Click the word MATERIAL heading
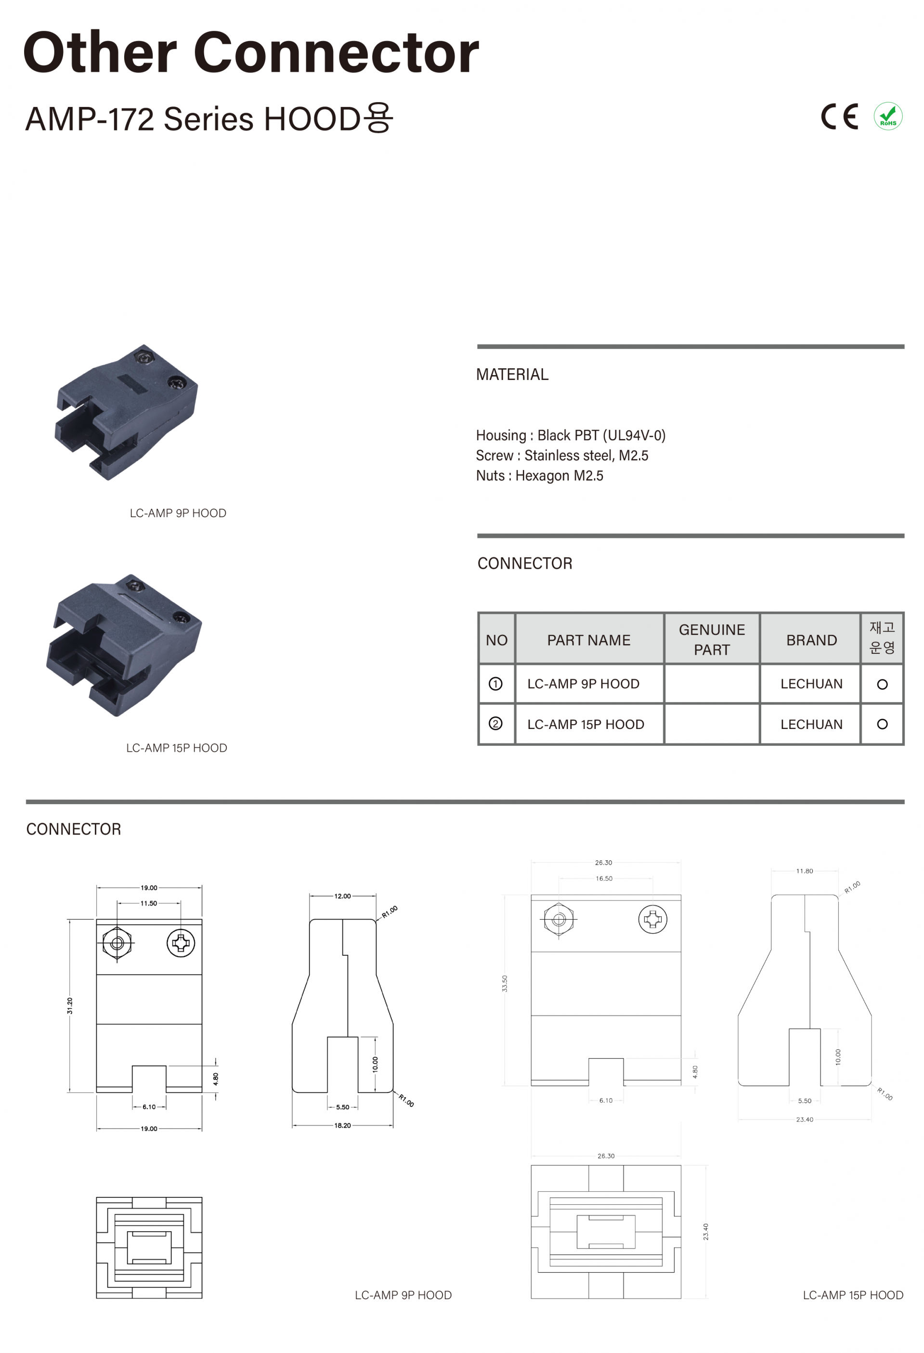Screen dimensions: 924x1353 coord(512,374)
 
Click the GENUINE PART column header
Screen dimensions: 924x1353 coord(712,639)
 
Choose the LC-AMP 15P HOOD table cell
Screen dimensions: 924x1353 coord(585,724)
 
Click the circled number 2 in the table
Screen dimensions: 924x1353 coord(495,724)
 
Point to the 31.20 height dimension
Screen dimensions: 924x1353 coord(70,1005)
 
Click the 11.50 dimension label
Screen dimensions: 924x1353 coord(148,904)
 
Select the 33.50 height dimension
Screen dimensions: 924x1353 coord(505,983)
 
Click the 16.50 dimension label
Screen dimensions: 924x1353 coord(604,879)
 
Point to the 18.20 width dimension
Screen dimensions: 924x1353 coord(342,1125)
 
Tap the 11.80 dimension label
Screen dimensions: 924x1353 coord(804,871)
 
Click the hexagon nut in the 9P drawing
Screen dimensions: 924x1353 coord(117,943)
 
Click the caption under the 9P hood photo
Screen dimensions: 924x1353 coord(178,513)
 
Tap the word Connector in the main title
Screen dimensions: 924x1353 coord(336,53)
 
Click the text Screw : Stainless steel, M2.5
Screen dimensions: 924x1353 coord(562,455)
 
